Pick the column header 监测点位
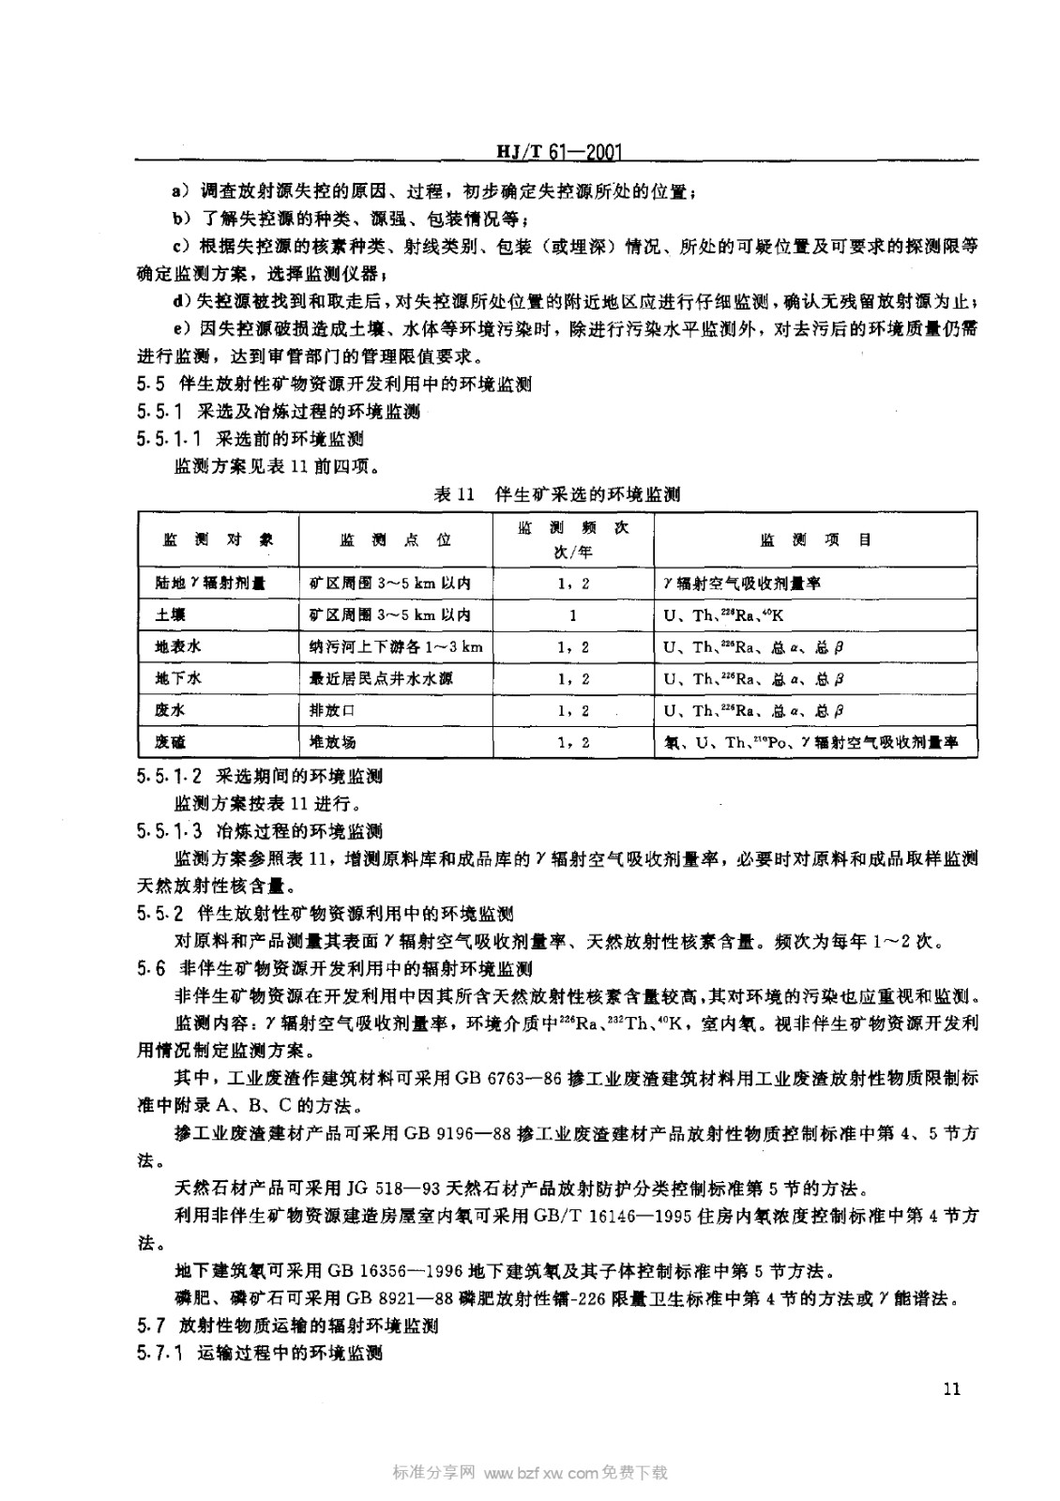(x=395, y=539)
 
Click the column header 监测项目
(x=814, y=539)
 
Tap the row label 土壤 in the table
(x=170, y=615)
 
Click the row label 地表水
(x=177, y=646)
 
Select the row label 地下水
(x=177, y=678)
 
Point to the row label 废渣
(x=170, y=741)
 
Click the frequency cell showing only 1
(x=573, y=615)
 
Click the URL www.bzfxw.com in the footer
(x=540, y=1473)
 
